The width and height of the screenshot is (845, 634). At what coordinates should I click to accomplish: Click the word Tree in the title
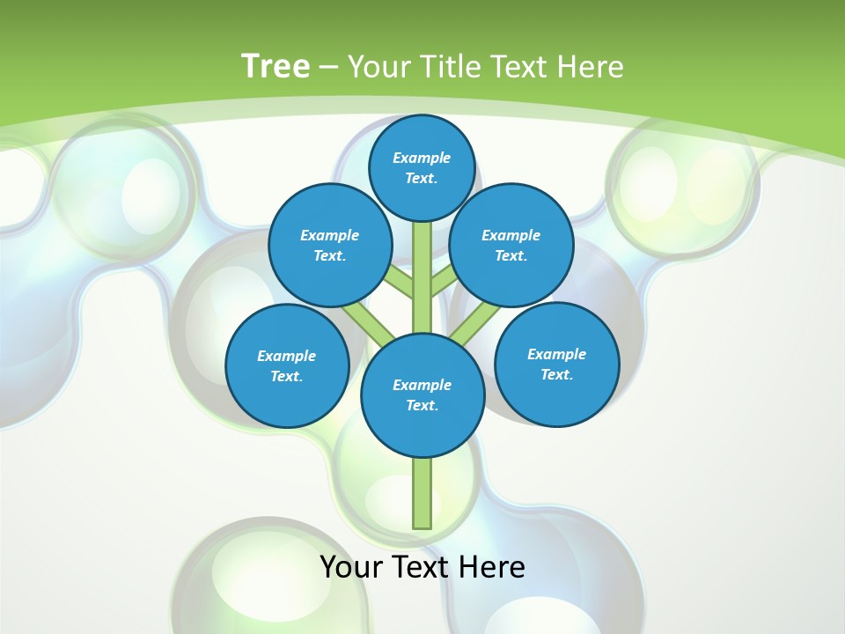click(276, 66)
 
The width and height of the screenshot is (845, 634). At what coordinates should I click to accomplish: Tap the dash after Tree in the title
click(329, 68)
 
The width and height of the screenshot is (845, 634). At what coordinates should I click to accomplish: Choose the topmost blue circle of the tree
click(422, 167)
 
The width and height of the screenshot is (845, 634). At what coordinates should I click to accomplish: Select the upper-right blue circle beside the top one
click(511, 245)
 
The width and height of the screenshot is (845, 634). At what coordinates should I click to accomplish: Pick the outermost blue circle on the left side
click(287, 365)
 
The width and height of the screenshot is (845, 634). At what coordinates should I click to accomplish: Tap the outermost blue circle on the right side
click(556, 364)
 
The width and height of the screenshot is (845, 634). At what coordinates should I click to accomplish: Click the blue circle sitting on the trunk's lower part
click(422, 395)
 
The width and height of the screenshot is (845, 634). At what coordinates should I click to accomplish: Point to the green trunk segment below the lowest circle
click(422, 493)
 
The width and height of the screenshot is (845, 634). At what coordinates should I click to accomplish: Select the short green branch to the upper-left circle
click(399, 283)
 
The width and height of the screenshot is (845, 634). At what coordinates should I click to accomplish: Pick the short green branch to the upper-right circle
click(445, 283)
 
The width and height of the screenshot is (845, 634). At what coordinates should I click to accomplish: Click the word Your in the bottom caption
click(351, 566)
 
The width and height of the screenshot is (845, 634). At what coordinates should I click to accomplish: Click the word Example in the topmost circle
click(422, 158)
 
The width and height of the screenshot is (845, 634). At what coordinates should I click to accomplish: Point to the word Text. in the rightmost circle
click(556, 374)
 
